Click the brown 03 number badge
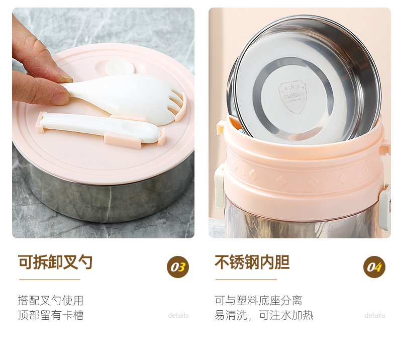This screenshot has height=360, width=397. point(178,267)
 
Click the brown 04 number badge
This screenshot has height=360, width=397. point(374,267)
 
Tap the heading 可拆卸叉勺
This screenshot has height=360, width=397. point(55,262)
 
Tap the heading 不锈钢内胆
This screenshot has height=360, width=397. point(252,262)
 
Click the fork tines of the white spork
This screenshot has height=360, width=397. point(176,105)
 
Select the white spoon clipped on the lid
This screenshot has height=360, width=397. point(100,127)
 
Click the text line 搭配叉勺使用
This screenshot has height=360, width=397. point(51,301)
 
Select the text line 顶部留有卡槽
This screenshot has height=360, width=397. point(51,315)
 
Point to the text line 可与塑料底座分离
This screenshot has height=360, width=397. point(258,301)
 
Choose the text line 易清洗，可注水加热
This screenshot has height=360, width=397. point(264,315)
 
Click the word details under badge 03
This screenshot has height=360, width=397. point(178,315)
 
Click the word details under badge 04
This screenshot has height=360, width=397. point(375,315)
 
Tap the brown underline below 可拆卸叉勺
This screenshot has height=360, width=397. point(50,280)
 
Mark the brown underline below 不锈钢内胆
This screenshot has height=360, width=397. point(246,280)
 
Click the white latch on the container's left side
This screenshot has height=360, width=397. point(219,186)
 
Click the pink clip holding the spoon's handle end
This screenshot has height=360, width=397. point(41,122)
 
